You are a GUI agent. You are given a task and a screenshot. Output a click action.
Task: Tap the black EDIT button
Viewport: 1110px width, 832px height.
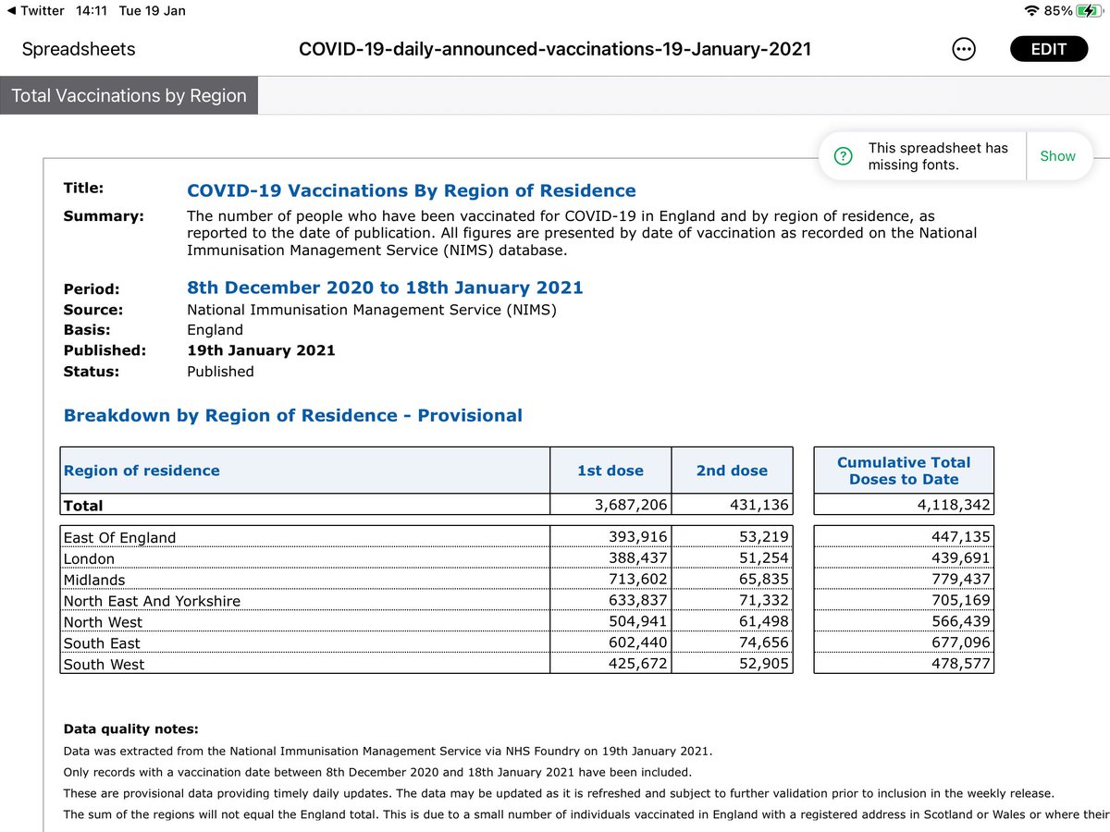tap(1048, 49)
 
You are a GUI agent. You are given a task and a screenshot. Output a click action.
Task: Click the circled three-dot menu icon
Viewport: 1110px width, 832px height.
tap(963, 50)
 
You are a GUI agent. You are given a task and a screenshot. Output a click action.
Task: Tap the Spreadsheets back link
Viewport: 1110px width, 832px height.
tap(79, 49)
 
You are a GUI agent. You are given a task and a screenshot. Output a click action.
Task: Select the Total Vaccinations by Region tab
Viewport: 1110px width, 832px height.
tap(129, 96)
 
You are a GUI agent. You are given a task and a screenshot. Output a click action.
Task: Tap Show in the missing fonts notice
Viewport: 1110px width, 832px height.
tap(1057, 156)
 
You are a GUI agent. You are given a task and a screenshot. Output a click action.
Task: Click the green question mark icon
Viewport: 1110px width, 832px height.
tap(843, 156)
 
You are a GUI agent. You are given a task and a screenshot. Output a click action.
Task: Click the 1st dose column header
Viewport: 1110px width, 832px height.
tap(610, 471)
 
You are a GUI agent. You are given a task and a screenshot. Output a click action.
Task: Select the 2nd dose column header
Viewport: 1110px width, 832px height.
tap(732, 471)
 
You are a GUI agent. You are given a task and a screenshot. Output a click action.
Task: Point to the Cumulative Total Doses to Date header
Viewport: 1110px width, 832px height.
tap(904, 471)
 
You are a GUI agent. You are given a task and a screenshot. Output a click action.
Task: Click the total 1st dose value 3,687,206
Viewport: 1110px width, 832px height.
tap(628, 506)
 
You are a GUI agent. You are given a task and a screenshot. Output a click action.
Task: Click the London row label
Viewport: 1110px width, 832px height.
tap(89, 558)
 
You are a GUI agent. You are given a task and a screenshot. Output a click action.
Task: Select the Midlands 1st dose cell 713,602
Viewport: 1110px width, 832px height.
tap(628, 580)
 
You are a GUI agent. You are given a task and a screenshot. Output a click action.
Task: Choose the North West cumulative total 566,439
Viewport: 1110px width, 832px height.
tap(952, 621)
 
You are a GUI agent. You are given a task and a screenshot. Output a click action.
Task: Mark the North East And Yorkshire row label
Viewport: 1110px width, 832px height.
tap(152, 601)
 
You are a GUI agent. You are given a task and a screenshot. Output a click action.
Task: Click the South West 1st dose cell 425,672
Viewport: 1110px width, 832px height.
tap(628, 664)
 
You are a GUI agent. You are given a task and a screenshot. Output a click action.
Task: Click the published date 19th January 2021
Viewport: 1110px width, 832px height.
tap(261, 350)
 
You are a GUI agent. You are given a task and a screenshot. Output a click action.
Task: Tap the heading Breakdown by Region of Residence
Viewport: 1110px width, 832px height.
tap(292, 415)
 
